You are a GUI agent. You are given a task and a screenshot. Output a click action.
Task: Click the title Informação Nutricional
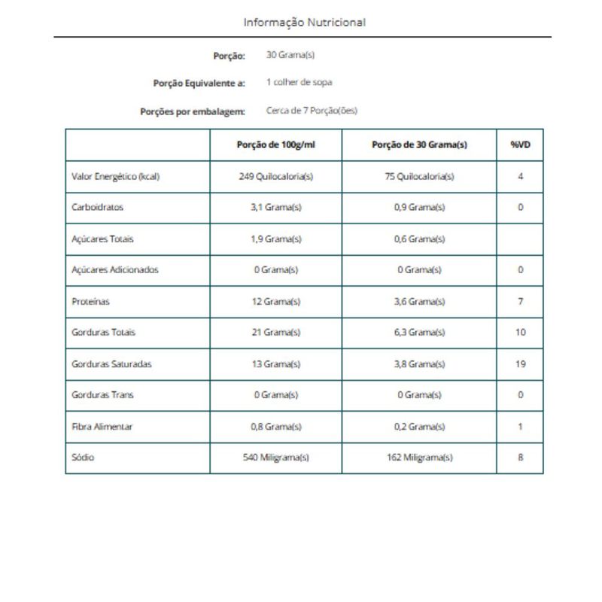(x=304, y=23)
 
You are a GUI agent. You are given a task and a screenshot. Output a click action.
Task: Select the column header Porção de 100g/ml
(x=275, y=145)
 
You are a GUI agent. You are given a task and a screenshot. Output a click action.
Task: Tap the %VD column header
(x=520, y=145)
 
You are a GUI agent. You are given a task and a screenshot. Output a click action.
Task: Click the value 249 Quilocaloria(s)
(x=275, y=177)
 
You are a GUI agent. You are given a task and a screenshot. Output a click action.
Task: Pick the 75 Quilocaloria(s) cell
(x=419, y=177)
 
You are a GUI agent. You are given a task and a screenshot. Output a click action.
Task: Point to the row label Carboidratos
(x=98, y=208)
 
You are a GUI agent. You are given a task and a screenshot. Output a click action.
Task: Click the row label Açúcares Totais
(x=102, y=239)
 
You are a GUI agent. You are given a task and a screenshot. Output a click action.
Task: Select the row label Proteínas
(x=90, y=301)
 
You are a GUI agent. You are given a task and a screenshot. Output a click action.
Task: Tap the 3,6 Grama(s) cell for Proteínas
(x=419, y=301)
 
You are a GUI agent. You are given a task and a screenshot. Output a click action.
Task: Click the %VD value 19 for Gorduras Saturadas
(x=520, y=363)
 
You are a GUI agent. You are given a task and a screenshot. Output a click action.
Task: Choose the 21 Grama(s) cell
(x=275, y=332)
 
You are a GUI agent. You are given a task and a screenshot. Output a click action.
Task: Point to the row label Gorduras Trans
(x=102, y=394)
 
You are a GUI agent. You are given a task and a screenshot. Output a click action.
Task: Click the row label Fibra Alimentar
(x=102, y=426)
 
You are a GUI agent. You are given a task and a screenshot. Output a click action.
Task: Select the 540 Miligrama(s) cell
(x=275, y=457)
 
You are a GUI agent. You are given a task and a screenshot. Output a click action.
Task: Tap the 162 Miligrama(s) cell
(x=419, y=457)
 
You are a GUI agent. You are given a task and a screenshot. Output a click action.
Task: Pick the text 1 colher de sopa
(x=299, y=83)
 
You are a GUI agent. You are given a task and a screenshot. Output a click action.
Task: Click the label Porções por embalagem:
(x=193, y=111)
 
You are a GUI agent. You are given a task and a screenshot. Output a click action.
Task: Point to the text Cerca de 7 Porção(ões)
(x=312, y=111)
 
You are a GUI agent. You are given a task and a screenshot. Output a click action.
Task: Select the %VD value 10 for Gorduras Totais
(x=520, y=332)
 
